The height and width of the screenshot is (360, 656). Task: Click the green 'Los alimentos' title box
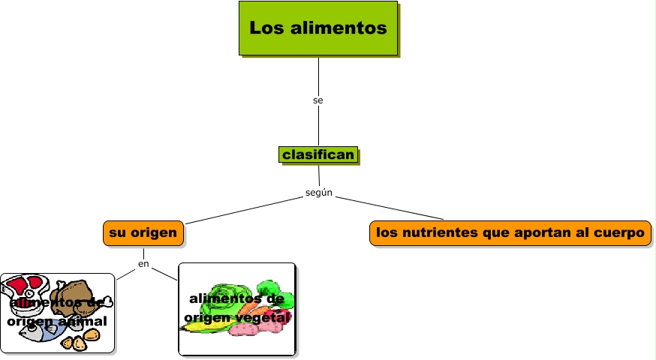(x=318, y=28)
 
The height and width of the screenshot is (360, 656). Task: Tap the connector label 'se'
(x=318, y=100)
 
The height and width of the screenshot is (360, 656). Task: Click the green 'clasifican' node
(x=318, y=154)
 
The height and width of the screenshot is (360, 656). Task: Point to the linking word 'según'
(x=319, y=193)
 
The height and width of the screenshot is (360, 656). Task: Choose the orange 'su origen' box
(x=143, y=233)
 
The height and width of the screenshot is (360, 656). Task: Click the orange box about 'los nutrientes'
(x=510, y=233)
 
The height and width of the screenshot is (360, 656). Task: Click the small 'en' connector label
(x=143, y=264)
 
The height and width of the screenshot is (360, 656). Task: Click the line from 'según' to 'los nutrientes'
(x=390, y=208)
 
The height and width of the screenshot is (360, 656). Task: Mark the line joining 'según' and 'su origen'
(x=240, y=211)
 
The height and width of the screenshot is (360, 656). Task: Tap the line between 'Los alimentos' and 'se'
(x=318, y=75)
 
